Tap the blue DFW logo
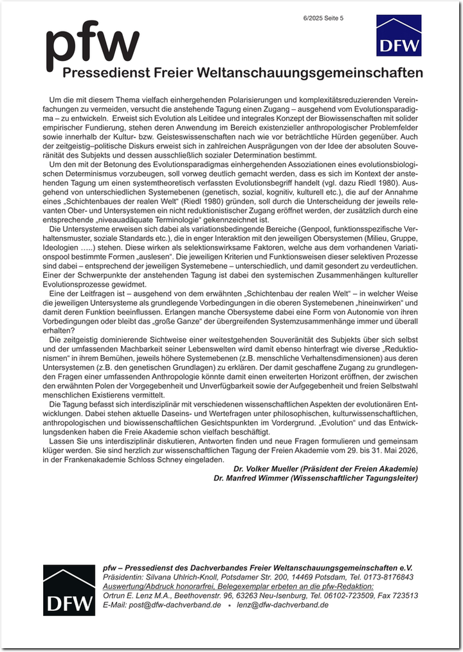point(399,35)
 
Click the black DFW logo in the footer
point(69,590)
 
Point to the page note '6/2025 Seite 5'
point(323,18)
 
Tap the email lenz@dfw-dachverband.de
point(282,605)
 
